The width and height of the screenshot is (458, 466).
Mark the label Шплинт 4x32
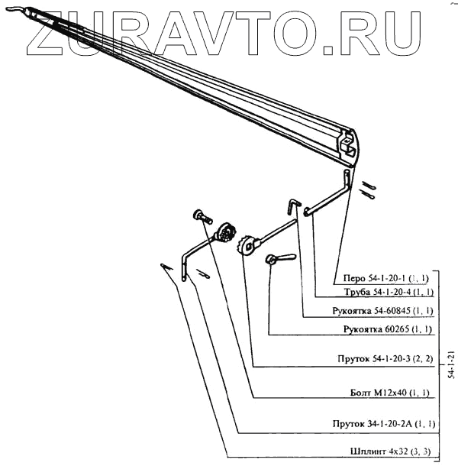coord(389,452)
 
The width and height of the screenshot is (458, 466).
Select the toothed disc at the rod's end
coord(250,246)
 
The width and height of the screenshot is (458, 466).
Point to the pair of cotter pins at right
coord(369,189)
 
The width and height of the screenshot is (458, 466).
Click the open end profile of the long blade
coord(347,146)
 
